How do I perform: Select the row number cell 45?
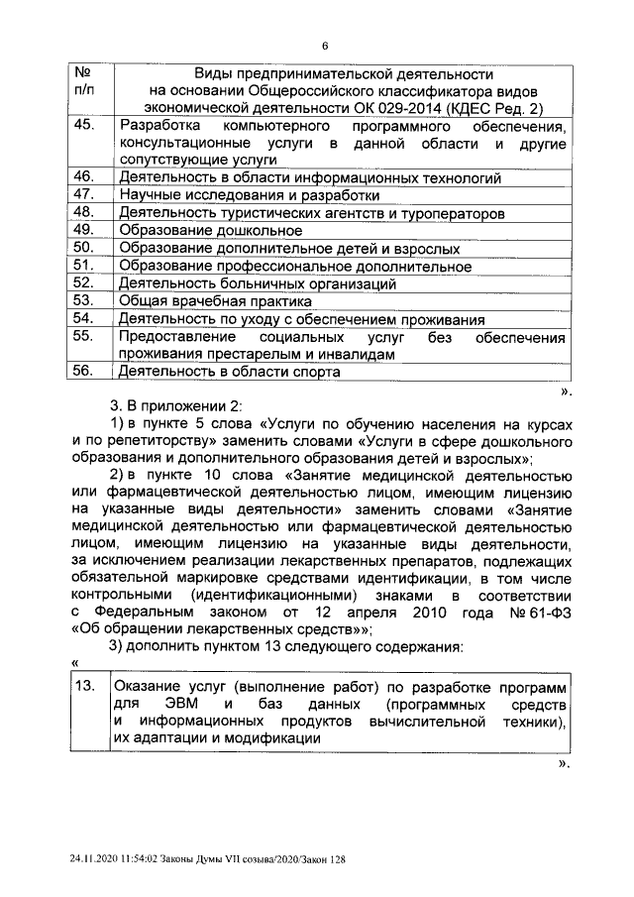pyautogui.click(x=84, y=126)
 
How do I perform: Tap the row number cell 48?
pyautogui.click(x=84, y=212)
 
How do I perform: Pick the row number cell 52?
pyautogui.click(x=84, y=282)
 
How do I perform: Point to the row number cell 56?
pyautogui.click(x=84, y=372)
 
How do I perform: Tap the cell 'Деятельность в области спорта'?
pyautogui.click(x=229, y=373)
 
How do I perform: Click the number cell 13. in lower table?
pyautogui.click(x=86, y=687)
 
